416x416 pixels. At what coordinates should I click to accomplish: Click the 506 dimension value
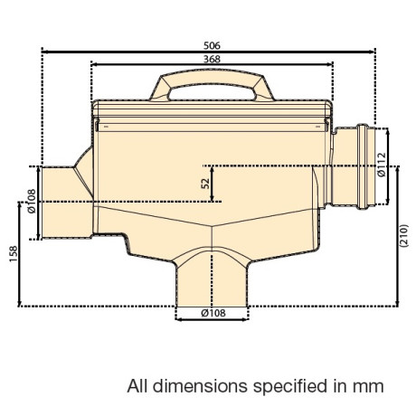(x=212, y=46)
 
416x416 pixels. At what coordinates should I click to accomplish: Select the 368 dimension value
(x=212, y=59)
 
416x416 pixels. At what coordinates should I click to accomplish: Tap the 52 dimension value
(x=205, y=184)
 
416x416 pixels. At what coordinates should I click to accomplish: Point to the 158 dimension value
(x=14, y=254)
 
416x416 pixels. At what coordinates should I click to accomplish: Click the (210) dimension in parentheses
(x=404, y=236)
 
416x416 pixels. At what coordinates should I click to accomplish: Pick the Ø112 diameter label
(x=382, y=165)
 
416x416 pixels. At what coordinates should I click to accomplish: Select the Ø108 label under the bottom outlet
(x=213, y=313)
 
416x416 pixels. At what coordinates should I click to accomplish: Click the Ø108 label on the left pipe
(x=32, y=201)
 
